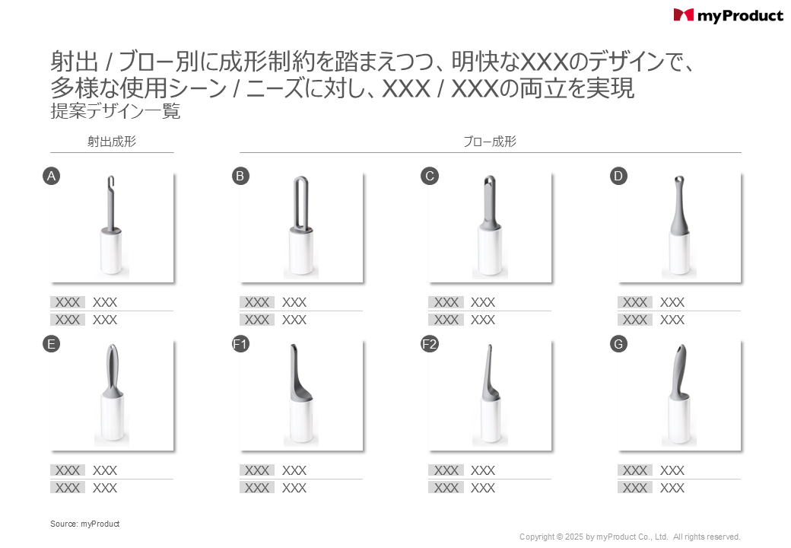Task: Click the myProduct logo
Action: point(728,16)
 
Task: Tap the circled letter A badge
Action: point(51,176)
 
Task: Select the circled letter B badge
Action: point(240,176)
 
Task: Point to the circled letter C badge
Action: point(429,176)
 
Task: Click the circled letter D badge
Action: point(618,176)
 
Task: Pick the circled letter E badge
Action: point(51,344)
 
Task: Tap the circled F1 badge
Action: point(240,344)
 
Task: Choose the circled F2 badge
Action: point(429,344)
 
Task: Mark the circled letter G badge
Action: point(618,344)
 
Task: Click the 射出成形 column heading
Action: point(112,142)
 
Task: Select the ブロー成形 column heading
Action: point(490,142)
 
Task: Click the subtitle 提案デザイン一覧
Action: point(115,111)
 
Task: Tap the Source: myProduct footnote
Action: point(84,524)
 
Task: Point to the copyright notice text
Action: point(630,537)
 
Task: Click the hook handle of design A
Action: point(112,205)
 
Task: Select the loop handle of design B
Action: point(300,205)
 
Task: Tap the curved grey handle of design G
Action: point(678,371)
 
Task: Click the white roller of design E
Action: point(112,418)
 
